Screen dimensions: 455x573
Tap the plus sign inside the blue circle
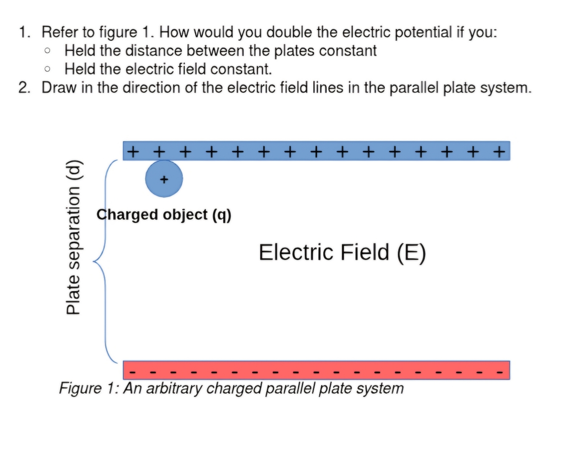pyautogui.click(x=164, y=179)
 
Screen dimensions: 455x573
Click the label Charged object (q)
pyautogui.click(x=164, y=214)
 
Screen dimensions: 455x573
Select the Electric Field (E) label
pyautogui.click(x=342, y=252)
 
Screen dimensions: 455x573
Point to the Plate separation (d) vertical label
pyautogui.click(x=73, y=237)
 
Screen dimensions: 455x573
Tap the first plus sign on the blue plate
pyautogui.click(x=133, y=151)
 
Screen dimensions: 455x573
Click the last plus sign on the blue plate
pyautogui.click(x=499, y=151)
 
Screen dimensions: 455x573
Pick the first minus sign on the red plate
pyautogui.click(x=133, y=372)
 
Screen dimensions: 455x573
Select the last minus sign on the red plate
pyautogui.click(x=499, y=372)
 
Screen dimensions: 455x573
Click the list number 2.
pyautogui.click(x=24, y=88)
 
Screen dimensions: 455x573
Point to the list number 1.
pyautogui.click(x=24, y=32)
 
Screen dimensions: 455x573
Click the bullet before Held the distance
pyautogui.click(x=48, y=51)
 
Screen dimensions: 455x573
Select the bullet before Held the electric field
pyautogui.click(x=48, y=69)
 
